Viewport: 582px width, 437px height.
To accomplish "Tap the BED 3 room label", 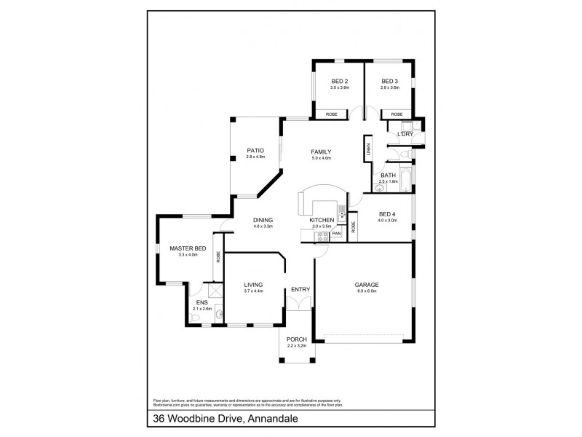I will [x=390, y=81].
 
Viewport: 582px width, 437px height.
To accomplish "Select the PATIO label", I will [x=255, y=151].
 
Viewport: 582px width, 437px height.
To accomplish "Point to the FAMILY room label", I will [x=321, y=151].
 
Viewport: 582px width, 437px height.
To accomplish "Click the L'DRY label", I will [x=404, y=134].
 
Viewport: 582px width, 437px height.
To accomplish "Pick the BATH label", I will [x=388, y=175].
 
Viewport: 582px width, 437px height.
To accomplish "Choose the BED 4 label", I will [x=387, y=213].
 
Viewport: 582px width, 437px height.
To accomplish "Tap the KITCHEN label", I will [x=322, y=219].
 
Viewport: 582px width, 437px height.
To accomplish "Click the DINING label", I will [x=263, y=219].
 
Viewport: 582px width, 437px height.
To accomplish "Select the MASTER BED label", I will [x=188, y=248].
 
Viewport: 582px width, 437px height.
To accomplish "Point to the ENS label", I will [x=202, y=302].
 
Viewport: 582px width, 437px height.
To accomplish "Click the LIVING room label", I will [x=253, y=284].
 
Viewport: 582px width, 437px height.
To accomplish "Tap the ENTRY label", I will [x=300, y=289].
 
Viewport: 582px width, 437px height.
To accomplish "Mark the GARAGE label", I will [x=367, y=284].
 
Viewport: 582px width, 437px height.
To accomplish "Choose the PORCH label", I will [x=296, y=339].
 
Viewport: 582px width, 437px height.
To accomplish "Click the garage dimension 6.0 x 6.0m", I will [x=367, y=291].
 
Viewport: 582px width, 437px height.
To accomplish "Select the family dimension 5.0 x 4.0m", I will [x=321, y=158].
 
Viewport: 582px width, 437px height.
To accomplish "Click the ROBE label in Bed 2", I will [x=331, y=114].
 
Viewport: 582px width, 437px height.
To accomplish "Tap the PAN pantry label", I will [x=337, y=235].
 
